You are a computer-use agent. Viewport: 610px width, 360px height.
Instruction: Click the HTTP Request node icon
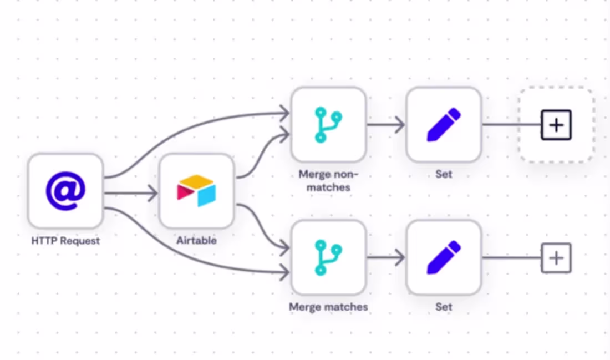coord(65,190)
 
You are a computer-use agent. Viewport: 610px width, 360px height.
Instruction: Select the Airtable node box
coord(196,190)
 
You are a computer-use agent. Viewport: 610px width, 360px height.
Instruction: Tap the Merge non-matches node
coord(328,124)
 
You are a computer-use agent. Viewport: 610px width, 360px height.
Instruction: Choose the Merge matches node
coord(328,257)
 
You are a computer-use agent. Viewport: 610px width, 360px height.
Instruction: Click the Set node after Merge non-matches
coord(444,124)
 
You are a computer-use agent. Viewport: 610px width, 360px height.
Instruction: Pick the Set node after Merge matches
coord(444,257)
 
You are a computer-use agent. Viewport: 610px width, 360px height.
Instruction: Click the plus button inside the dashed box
coord(556,125)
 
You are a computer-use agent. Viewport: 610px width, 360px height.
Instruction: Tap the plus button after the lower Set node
coord(556,258)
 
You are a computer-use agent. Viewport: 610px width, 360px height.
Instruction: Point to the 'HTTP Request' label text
coord(65,241)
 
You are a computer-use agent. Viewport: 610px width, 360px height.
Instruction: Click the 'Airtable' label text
coord(196,241)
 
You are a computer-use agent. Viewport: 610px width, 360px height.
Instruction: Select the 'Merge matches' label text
coord(328,307)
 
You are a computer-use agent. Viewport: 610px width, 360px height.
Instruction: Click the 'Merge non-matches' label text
coord(328,181)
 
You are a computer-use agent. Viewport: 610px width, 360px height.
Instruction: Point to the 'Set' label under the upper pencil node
coord(444,174)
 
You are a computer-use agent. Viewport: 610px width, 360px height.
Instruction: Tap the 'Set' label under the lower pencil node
coord(444,307)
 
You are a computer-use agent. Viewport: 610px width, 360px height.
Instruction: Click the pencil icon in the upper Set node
coord(444,124)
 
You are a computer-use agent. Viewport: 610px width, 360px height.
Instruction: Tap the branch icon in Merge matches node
coord(328,257)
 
